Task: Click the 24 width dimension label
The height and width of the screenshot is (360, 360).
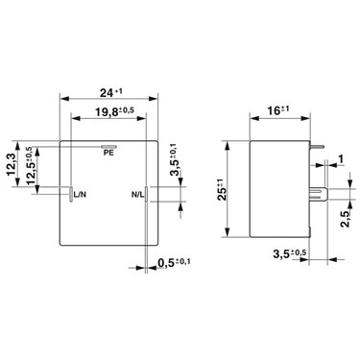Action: tap(111, 92)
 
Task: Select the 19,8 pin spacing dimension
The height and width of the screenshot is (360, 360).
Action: tap(114, 111)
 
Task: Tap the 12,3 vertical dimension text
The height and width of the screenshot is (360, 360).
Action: tap(12, 164)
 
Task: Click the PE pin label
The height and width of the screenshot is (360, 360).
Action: tap(108, 153)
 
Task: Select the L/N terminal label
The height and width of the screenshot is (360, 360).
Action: tap(80, 194)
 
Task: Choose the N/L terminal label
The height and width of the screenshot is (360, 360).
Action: tap(137, 194)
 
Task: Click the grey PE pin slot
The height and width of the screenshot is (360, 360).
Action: tap(109, 147)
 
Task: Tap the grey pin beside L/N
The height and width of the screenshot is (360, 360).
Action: tap(71, 194)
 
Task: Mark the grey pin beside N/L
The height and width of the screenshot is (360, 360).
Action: tap(146, 194)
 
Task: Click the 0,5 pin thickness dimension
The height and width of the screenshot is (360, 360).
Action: tap(174, 263)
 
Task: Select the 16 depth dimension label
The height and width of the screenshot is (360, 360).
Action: tap(278, 110)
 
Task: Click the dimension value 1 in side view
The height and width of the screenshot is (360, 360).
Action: tap(341, 158)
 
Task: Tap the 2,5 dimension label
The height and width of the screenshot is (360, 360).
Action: tap(345, 219)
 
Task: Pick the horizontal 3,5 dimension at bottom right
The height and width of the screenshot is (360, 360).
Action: tap(290, 254)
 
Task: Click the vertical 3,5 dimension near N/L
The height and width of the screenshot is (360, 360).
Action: tap(175, 159)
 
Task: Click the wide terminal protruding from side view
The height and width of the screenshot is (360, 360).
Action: tap(319, 194)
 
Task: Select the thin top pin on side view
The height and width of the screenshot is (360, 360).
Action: tap(317, 147)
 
